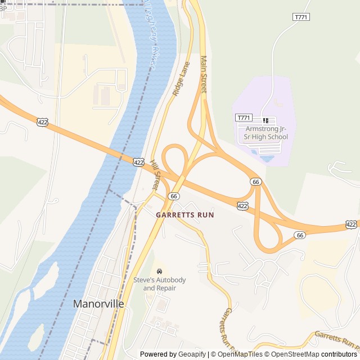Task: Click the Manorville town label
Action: [98, 304]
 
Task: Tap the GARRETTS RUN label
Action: [185, 215]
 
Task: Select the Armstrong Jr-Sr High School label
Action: [266, 133]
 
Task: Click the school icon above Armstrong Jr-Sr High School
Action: [266, 120]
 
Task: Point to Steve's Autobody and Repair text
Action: [159, 284]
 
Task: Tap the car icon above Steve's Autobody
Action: [160, 272]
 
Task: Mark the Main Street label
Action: [204, 74]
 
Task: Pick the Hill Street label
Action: [156, 175]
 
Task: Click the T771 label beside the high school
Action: [243, 118]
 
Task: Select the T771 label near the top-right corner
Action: [301, 17]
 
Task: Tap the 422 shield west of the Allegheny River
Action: [42, 121]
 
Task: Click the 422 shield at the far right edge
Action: [351, 224]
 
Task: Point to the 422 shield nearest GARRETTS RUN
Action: [242, 206]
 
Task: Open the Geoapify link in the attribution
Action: [191, 354]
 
